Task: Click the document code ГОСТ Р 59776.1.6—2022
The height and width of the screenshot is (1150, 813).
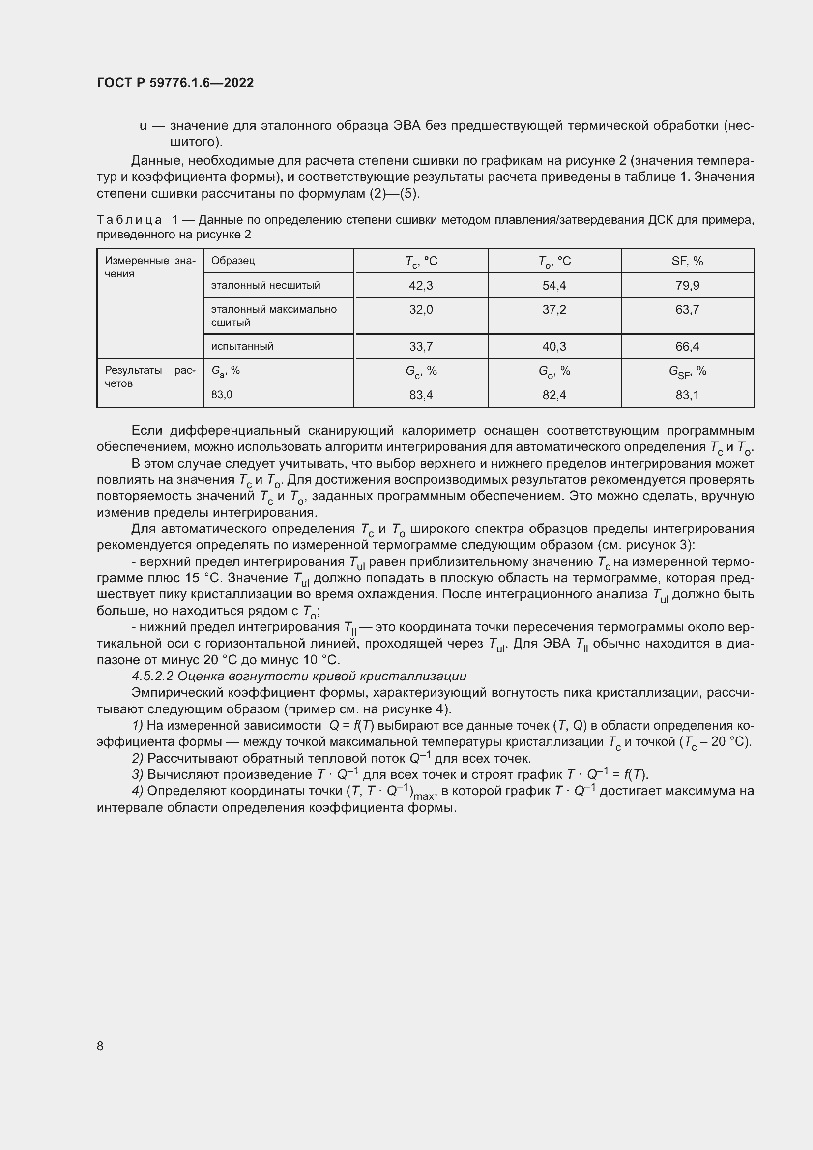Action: click(x=175, y=83)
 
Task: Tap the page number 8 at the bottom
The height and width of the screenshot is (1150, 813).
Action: click(x=100, y=1045)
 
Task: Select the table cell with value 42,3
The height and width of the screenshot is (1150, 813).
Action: click(x=421, y=286)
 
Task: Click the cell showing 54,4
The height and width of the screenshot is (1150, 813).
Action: click(x=554, y=286)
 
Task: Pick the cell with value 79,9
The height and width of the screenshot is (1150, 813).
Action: click(x=687, y=286)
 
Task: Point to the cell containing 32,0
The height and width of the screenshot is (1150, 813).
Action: click(x=421, y=310)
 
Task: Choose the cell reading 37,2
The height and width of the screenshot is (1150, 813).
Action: click(x=554, y=310)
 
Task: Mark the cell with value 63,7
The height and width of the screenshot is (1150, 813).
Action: click(x=687, y=310)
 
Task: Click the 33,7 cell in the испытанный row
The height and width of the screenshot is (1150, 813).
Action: click(x=421, y=346)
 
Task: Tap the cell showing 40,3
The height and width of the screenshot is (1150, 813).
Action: click(x=554, y=346)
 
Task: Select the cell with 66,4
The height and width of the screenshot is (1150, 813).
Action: click(x=687, y=346)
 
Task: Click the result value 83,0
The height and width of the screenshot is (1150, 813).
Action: click(x=222, y=395)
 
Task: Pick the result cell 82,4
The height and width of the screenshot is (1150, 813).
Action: click(x=554, y=395)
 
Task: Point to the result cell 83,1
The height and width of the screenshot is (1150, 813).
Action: click(x=687, y=395)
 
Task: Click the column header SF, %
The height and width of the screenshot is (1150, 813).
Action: click(x=687, y=261)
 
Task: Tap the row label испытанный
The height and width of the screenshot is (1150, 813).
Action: click(x=242, y=346)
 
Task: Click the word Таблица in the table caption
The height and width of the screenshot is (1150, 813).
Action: click(x=129, y=220)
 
